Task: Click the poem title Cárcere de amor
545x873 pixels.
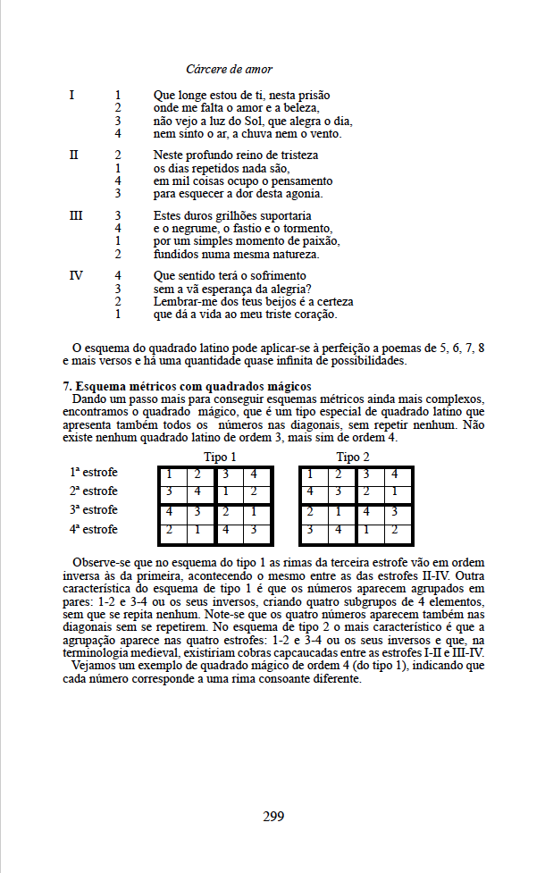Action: (x=229, y=69)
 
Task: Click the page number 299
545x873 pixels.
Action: (x=274, y=815)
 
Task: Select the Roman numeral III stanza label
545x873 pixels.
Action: (x=75, y=216)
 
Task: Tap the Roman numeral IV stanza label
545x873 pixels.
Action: (x=76, y=276)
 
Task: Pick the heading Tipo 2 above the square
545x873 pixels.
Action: (x=349, y=457)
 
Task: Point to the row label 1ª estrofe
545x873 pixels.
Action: (x=93, y=472)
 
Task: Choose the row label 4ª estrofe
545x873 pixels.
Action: (x=93, y=529)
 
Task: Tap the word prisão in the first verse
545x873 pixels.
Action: (x=337, y=94)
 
